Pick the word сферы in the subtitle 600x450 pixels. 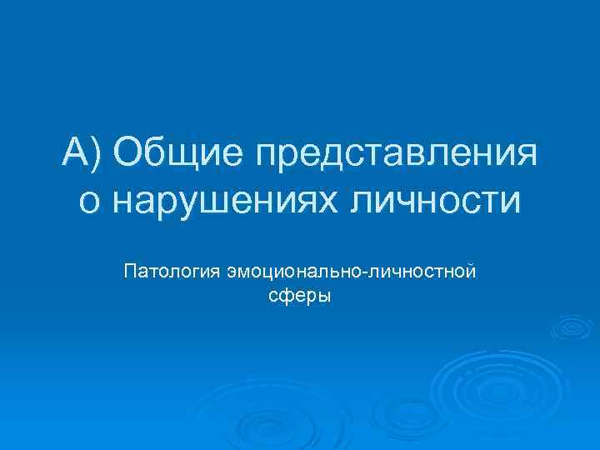point(301,296)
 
